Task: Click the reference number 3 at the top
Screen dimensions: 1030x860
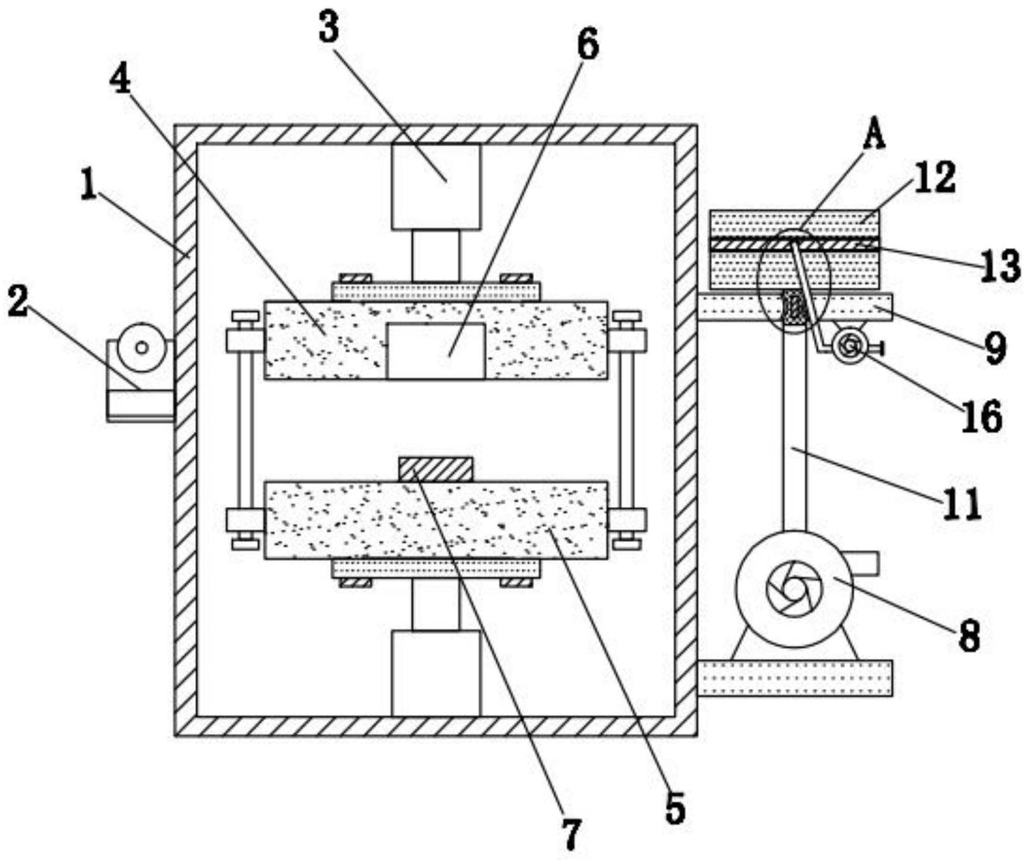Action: coord(329,29)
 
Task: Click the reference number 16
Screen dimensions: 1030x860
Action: coord(982,417)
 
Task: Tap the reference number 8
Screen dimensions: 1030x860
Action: coord(969,636)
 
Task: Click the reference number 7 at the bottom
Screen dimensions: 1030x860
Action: coord(572,834)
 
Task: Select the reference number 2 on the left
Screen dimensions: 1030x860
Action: coord(18,301)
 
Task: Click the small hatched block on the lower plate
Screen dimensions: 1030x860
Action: coord(436,469)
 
